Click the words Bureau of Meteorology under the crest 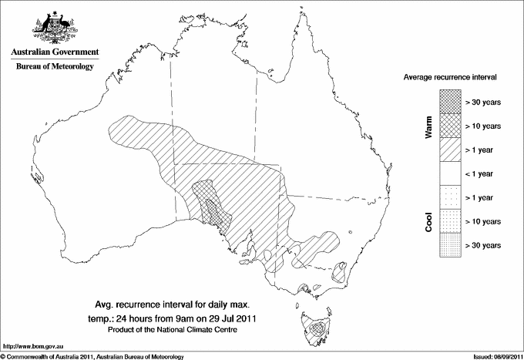(x=55, y=67)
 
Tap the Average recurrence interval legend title (x=448, y=78)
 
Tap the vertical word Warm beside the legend (x=429, y=127)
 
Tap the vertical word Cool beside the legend (x=429, y=221)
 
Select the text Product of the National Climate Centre (x=183, y=330)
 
